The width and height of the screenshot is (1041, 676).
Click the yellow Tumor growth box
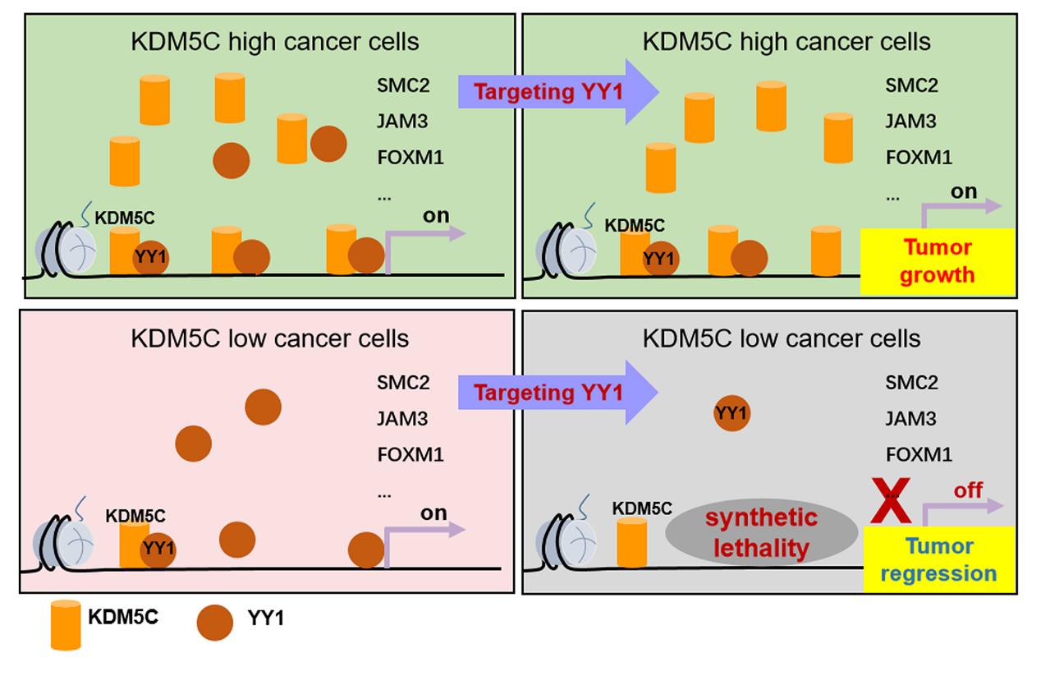click(937, 261)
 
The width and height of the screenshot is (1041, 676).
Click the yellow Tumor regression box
click(938, 559)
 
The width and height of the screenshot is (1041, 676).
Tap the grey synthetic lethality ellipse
click(761, 533)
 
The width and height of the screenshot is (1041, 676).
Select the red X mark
click(891, 500)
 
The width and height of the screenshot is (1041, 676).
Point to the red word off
click(968, 490)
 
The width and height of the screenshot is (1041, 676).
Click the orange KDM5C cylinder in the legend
click(66, 625)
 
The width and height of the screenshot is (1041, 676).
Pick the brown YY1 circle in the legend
click(215, 623)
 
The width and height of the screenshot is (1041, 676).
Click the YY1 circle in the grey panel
click(731, 413)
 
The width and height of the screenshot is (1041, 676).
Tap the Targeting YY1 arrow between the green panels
click(557, 92)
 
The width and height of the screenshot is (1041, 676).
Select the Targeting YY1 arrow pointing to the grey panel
click(557, 393)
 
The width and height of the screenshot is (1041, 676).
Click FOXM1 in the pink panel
click(410, 454)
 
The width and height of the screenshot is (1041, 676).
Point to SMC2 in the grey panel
click(911, 382)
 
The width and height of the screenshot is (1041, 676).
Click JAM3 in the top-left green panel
click(402, 121)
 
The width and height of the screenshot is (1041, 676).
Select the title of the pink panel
click(269, 338)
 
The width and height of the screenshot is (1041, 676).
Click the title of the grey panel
click(782, 338)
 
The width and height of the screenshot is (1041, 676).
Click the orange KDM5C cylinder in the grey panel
click(632, 543)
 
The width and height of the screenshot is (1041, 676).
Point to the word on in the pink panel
click(433, 513)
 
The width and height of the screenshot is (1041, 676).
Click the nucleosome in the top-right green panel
click(567, 251)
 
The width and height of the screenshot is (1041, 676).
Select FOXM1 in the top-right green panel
click(919, 157)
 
